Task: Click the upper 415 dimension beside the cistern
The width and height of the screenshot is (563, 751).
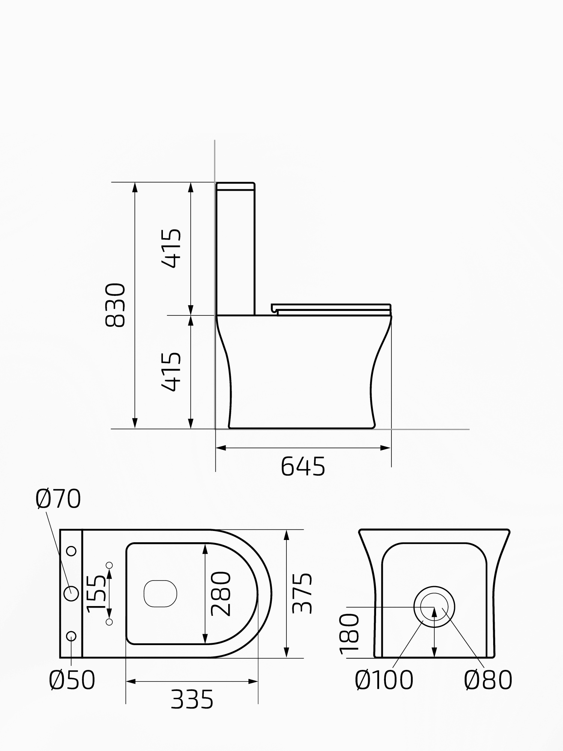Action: click(x=172, y=248)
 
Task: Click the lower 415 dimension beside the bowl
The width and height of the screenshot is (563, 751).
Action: click(x=172, y=372)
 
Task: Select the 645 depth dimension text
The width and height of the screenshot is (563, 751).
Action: click(x=303, y=467)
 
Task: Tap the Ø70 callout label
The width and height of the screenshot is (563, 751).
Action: click(x=58, y=499)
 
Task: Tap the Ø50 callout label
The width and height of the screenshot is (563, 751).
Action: click(x=72, y=680)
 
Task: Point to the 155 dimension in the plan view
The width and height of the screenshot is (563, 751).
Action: click(x=96, y=594)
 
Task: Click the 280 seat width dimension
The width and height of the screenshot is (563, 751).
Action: click(x=221, y=594)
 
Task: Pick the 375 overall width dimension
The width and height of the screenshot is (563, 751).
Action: click(x=303, y=594)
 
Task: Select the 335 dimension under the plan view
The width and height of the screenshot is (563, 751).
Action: click(x=192, y=699)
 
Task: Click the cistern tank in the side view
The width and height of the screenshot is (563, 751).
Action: click(x=236, y=248)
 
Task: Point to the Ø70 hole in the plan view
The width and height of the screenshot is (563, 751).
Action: click(x=71, y=594)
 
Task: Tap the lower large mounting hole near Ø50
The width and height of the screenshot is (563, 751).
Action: click(x=71, y=636)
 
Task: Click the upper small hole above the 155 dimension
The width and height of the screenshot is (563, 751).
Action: click(x=110, y=565)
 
